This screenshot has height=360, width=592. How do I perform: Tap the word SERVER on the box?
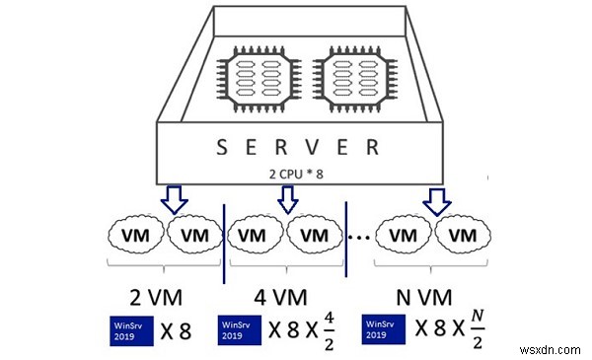pos(295,149)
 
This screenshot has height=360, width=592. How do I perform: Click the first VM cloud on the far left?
pos(137,237)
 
